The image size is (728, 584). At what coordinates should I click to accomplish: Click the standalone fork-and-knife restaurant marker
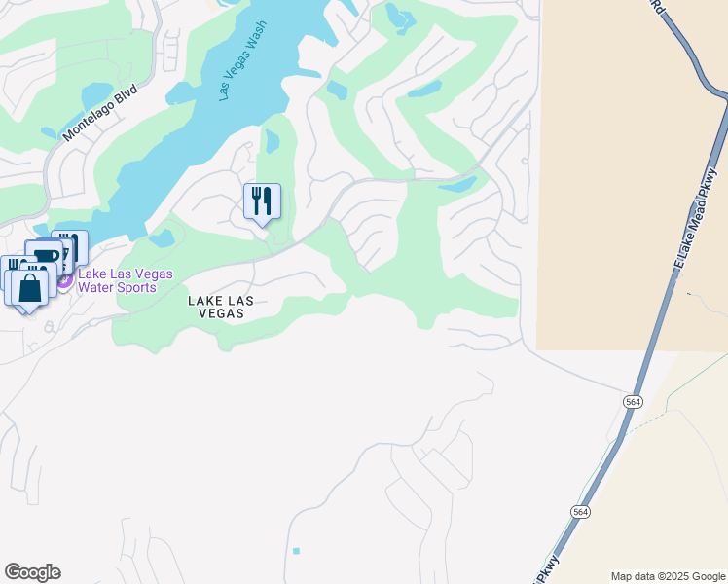(x=262, y=201)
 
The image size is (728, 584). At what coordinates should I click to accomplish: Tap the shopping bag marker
(x=29, y=288)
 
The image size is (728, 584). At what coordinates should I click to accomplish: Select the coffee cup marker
(x=44, y=257)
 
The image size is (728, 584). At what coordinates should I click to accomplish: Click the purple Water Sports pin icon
(x=64, y=281)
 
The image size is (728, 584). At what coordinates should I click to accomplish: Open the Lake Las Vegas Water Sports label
(x=125, y=281)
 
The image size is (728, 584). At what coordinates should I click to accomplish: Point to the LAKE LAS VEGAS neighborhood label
(x=221, y=308)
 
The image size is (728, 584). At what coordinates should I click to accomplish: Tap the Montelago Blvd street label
(x=101, y=114)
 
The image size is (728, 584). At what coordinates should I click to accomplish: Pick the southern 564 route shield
(x=580, y=512)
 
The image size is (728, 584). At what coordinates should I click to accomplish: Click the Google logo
(x=32, y=572)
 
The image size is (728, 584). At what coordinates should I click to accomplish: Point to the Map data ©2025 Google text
(x=668, y=576)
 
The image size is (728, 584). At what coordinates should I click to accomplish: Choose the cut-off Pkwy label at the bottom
(x=551, y=566)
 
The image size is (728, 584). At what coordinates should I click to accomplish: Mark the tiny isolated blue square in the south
(x=296, y=551)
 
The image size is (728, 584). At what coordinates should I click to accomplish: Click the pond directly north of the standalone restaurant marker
(x=273, y=143)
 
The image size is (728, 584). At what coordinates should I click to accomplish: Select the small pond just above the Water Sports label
(x=162, y=237)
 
